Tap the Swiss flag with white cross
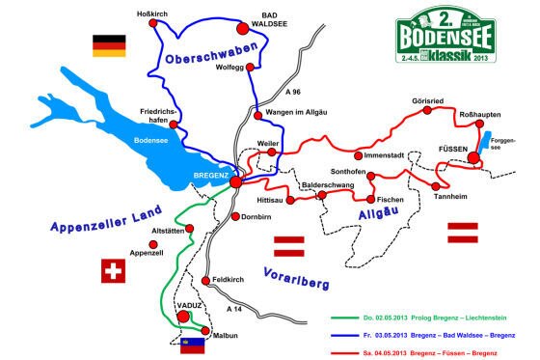pos(114,271)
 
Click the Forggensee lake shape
pos(487,147)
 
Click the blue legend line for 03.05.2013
pos(346,331)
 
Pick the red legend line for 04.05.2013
pos(346,345)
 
